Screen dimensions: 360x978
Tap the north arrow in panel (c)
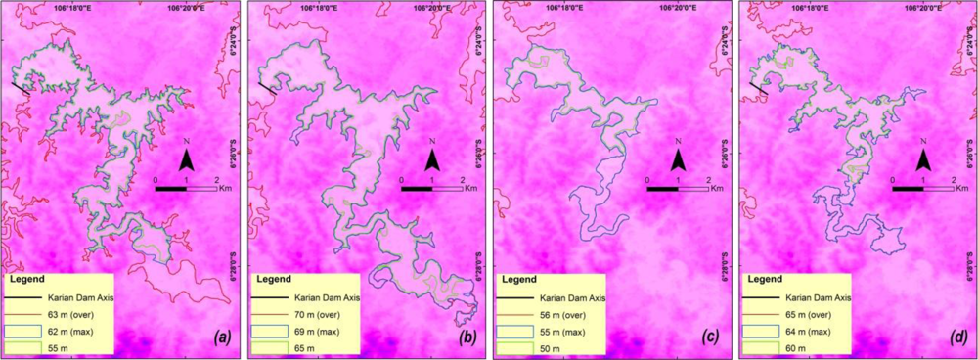coord(678,157)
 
